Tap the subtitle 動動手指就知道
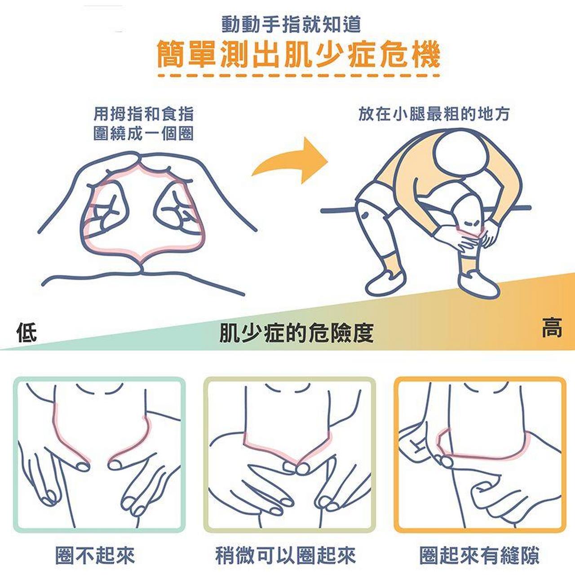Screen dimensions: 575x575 coord(291,25)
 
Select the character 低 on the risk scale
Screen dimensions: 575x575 coord(27,332)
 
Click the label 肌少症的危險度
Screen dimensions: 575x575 coord(296,333)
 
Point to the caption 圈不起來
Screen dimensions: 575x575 coord(95,555)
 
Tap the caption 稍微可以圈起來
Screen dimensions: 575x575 coord(286,555)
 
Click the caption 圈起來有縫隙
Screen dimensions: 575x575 coord(479,555)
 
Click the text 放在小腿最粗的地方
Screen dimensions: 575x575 coord(434,114)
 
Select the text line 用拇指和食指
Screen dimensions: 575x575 coord(143,114)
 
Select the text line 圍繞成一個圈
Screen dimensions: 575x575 coord(143,133)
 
